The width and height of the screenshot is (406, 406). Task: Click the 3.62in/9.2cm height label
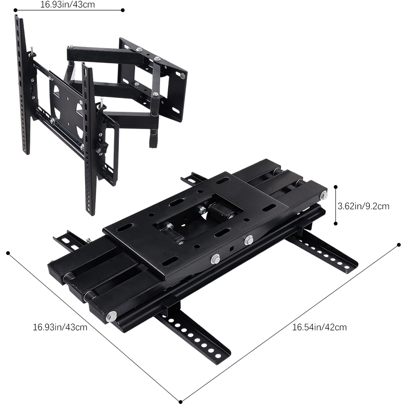363,206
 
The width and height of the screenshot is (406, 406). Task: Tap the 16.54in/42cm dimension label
319,327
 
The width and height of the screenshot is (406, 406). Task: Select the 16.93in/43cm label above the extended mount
67,4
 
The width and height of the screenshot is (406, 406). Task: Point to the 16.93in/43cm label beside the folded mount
60,327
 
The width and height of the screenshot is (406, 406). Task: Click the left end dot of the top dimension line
15,10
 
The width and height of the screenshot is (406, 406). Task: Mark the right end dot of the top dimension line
123,10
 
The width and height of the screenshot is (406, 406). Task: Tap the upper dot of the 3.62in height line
336,187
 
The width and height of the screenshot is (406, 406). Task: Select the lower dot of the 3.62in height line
336,223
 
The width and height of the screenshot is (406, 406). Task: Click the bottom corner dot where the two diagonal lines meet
181,402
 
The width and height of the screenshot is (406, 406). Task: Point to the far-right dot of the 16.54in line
399,244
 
